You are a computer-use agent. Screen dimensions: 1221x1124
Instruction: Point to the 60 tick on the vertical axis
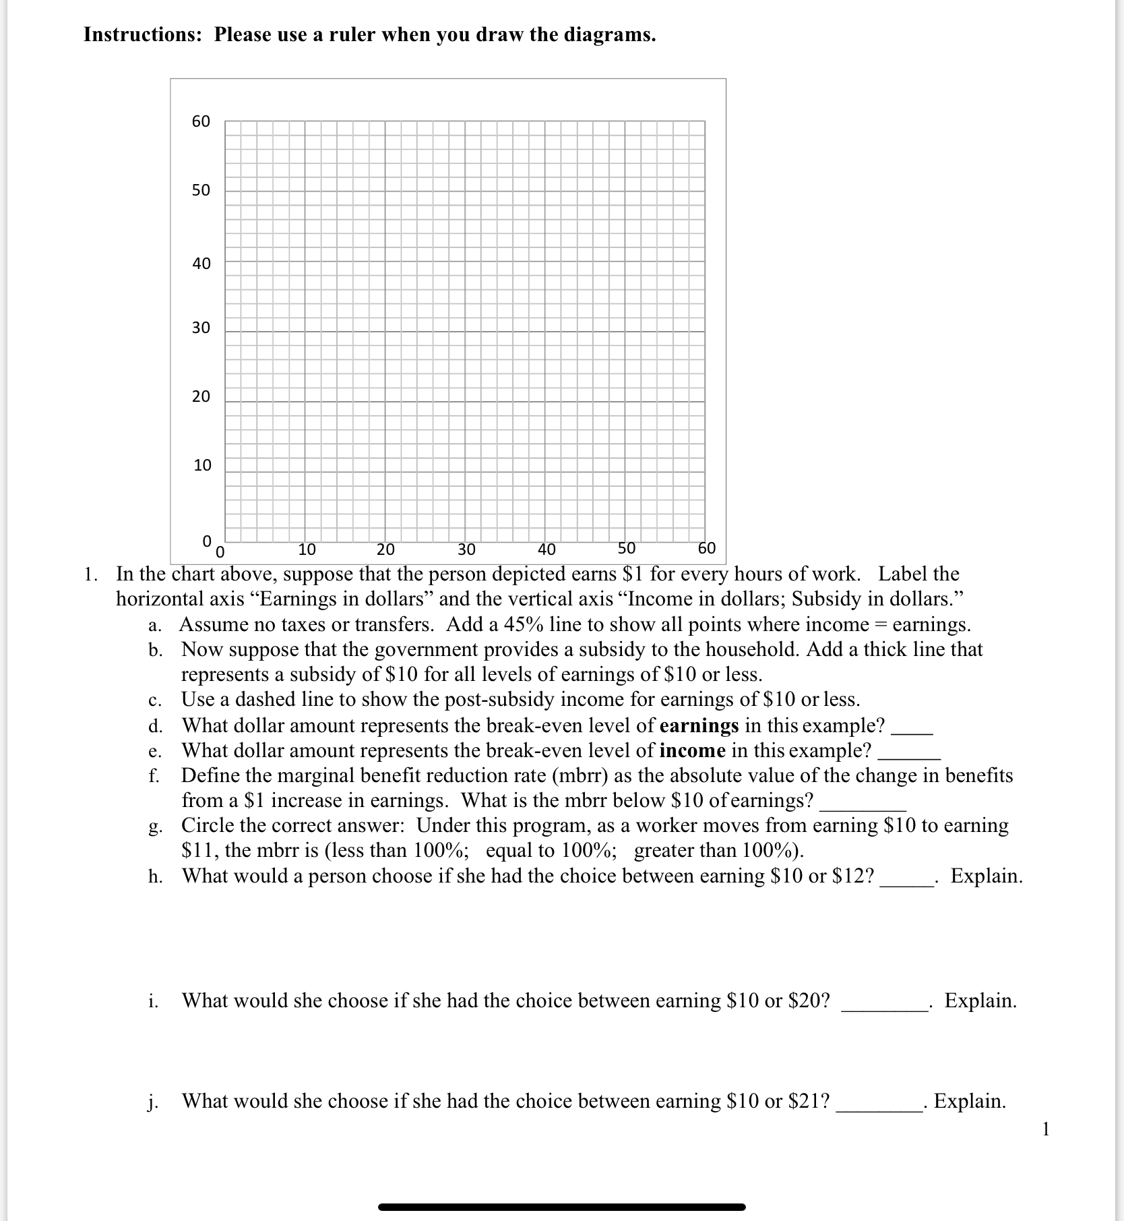[201, 121]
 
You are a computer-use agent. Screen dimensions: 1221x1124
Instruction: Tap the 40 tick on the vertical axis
[201, 264]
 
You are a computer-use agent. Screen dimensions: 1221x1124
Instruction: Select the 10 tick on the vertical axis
[201, 465]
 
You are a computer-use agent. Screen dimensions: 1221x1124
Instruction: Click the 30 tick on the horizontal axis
[466, 549]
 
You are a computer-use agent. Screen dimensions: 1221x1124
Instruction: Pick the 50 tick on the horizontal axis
[627, 548]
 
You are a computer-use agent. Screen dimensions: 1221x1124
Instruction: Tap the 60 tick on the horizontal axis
[707, 548]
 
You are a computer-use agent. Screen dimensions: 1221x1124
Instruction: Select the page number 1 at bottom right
[1045, 1129]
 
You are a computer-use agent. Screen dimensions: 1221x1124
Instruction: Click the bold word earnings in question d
[699, 725]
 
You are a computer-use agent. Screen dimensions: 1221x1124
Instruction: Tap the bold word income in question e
[692, 750]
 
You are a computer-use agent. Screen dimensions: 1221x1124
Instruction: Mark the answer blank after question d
[912, 731]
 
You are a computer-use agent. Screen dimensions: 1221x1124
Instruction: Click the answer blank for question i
[884, 1007]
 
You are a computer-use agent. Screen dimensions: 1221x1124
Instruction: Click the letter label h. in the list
[156, 876]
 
